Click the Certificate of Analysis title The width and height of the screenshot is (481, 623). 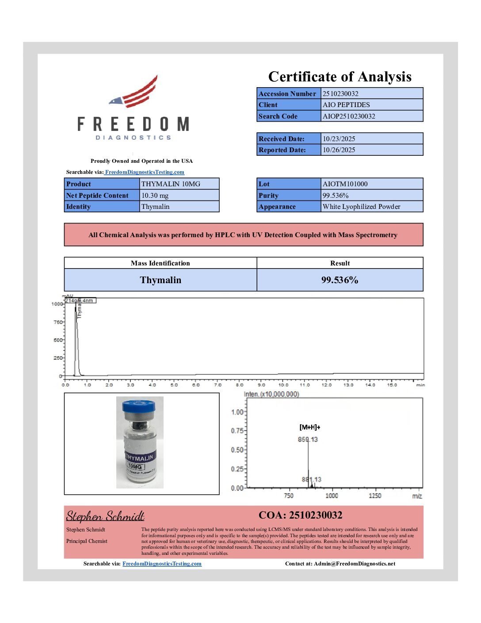tap(340, 77)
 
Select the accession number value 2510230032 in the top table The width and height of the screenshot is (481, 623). tap(340, 93)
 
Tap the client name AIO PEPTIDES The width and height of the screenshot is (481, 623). tap(346, 105)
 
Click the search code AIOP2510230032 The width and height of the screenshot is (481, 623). tap(349, 116)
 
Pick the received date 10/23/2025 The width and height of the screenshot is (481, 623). tap(339, 139)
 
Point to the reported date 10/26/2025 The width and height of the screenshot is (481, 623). tap(339, 150)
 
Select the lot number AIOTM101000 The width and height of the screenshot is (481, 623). tap(345, 184)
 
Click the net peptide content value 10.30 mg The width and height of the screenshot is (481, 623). tap(155, 196)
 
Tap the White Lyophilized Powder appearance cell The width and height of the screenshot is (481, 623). tap(361, 207)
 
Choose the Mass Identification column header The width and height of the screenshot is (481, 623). tap(160, 263)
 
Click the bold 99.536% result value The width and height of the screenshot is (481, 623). tap(340, 280)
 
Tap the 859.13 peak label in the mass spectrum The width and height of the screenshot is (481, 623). tap(308, 439)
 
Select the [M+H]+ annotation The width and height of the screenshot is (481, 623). tap(309, 427)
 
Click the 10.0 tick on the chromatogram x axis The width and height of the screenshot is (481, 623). tap(283, 385)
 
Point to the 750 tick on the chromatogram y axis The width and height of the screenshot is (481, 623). tap(58, 322)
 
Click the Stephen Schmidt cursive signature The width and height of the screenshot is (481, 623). tap(105, 516)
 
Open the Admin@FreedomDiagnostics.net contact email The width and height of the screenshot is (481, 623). tap(355, 564)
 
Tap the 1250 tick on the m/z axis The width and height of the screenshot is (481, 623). tap(375, 496)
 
